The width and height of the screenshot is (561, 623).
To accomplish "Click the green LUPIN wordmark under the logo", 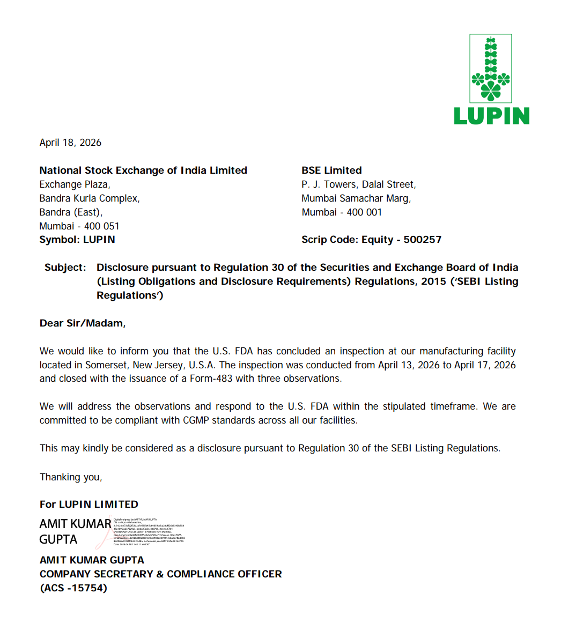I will pyautogui.click(x=491, y=116).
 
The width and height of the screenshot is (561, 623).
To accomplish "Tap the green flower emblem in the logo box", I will pyautogui.click(x=491, y=69).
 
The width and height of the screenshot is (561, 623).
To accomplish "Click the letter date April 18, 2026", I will pyautogui.click(x=70, y=143).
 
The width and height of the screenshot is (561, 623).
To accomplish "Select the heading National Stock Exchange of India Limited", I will pyautogui.click(x=143, y=170).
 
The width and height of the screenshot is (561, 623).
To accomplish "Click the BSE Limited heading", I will pyautogui.click(x=331, y=170).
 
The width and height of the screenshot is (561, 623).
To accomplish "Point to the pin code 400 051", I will pyautogui.click(x=102, y=226).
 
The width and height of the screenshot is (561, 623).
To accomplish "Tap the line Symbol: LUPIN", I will pyautogui.click(x=77, y=240).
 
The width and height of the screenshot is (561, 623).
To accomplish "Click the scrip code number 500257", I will pyautogui.click(x=423, y=240).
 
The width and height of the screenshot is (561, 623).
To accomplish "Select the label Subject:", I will pyautogui.click(x=65, y=268).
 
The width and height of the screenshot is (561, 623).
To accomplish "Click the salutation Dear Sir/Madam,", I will pyautogui.click(x=83, y=323).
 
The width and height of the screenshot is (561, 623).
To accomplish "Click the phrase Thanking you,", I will pyautogui.click(x=71, y=477).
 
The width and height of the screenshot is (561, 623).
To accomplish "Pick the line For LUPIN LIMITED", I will pyautogui.click(x=89, y=504).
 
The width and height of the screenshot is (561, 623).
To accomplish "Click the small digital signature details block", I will pyautogui.click(x=149, y=531).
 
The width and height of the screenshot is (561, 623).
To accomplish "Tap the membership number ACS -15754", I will pyautogui.click(x=73, y=588).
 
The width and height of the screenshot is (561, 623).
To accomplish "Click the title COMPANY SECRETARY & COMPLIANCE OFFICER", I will pyautogui.click(x=160, y=574).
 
